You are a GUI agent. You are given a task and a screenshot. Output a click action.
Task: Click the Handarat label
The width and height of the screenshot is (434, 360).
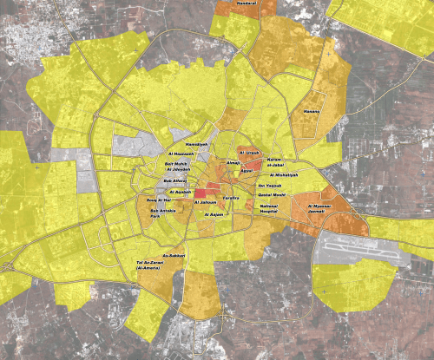pos(248,5)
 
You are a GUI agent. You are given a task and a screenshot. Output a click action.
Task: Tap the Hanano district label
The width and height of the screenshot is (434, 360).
pos(312,112)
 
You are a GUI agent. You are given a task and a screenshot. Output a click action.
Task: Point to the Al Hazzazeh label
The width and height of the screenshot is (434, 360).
pos(177,154)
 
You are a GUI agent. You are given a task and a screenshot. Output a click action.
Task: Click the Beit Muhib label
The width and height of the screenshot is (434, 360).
pos(176,163)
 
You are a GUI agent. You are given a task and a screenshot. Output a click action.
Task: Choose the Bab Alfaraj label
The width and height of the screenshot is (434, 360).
pos(176,181)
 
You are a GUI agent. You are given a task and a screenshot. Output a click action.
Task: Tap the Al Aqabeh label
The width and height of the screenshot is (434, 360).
pos(180,192)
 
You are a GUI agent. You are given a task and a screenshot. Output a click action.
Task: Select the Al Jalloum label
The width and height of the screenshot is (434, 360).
pos(205,202)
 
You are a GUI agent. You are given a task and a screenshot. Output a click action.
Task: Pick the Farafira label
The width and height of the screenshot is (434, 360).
pos(232,199)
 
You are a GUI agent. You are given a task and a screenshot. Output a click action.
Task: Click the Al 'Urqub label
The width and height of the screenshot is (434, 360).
pos(249,153)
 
